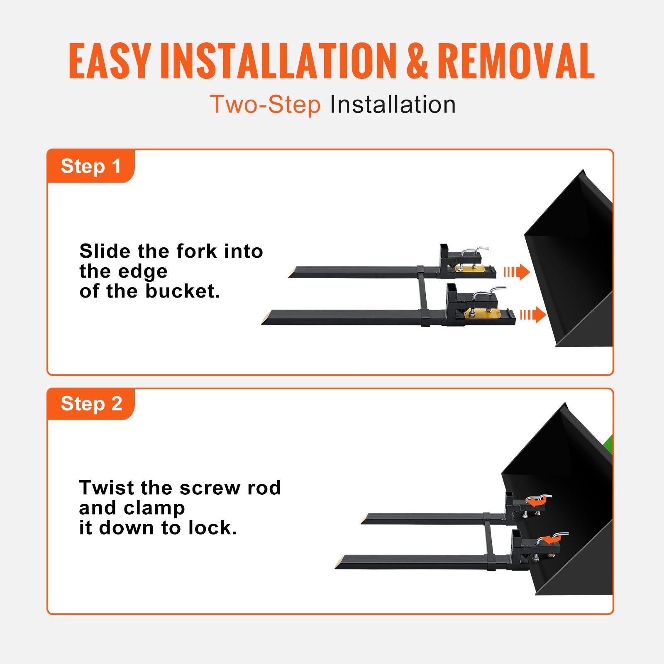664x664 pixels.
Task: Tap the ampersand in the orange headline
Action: (x=417, y=61)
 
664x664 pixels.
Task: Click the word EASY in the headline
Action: (x=109, y=61)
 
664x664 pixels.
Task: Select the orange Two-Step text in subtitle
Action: (x=265, y=104)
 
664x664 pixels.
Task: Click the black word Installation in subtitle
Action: (x=393, y=104)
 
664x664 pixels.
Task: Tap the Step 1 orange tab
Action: (x=91, y=166)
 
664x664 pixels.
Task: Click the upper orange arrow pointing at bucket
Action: (x=517, y=272)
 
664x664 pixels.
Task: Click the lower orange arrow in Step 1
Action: (x=533, y=315)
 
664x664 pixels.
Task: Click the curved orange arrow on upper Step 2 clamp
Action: (x=536, y=502)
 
